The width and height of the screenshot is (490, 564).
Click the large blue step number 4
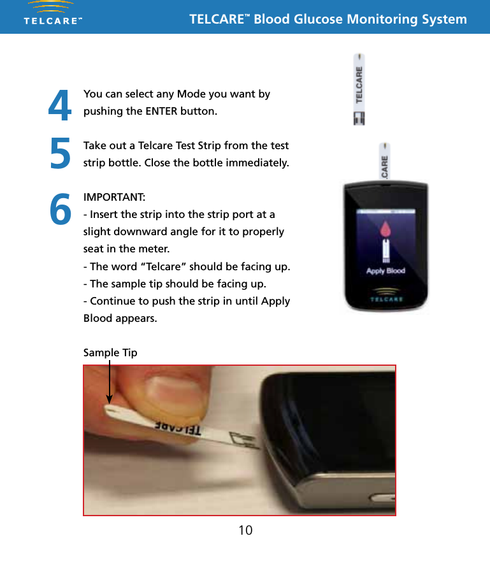coord(60,106)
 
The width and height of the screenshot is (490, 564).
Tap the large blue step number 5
coord(60,155)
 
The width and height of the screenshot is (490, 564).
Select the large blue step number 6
coord(60,210)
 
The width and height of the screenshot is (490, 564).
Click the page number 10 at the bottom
coord(245,530)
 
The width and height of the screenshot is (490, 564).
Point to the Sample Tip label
coord(110,352)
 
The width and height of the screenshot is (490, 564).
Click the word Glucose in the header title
coord(318,18)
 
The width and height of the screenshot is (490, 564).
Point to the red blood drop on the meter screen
coord(385,231)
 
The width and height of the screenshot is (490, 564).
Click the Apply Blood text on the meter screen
coord(385,271)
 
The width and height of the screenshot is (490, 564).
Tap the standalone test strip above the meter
coord(359,89)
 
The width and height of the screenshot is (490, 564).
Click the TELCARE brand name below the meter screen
coord(385,297)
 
